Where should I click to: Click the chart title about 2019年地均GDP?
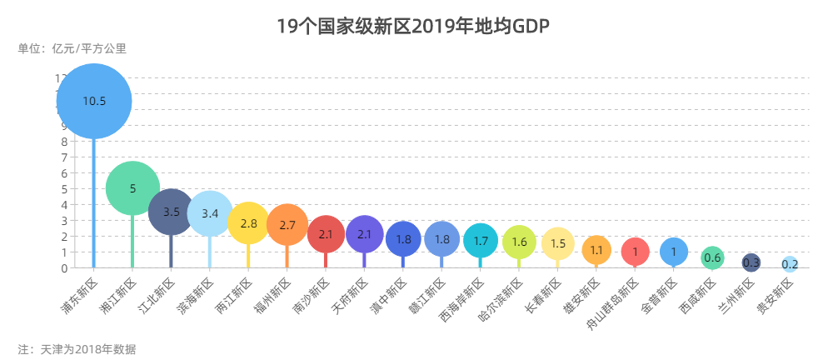point(413,27)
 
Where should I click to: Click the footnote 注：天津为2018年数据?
point(77,348)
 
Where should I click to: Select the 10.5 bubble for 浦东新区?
point(94,101)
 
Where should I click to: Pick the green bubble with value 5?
point(132,188)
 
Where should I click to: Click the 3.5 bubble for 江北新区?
point(171,212)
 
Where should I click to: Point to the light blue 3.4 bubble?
point(210,213)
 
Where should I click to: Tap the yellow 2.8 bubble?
point(248,223)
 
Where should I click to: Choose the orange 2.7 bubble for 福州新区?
point(287,225)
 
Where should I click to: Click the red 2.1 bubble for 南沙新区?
point(326,234)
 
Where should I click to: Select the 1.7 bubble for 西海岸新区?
point(481,241)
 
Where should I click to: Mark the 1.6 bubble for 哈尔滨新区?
point(519,242)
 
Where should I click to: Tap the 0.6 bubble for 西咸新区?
point(712,257)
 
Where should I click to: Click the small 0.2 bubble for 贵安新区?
point(790,264)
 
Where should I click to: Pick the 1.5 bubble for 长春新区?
point(558,243)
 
